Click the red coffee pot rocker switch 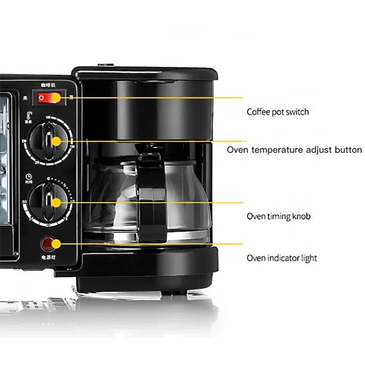click(49, 97)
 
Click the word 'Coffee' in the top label click(258, 112)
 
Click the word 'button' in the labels click(348, 150)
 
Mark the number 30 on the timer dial click(23, 202)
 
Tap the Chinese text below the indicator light click(48, 258)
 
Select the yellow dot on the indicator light click(56, 244)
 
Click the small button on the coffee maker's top click(105, 65)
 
